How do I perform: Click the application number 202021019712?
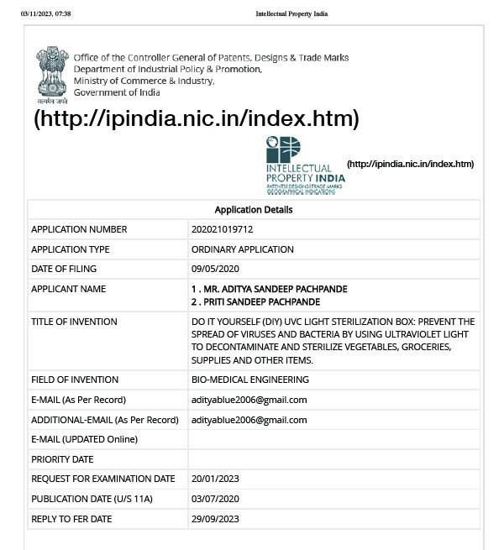(x=222, y=229)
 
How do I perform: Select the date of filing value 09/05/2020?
(x=215, y=269)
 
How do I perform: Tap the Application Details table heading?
(x=254, y=210)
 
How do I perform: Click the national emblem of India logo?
(x=52, y=75)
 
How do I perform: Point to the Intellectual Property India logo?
(x=304, y=166)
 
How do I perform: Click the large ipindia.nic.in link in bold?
(x=197, y=118)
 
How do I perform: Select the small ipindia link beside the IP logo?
(x=410, y=164)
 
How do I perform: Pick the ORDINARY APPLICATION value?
(x=242, y=249)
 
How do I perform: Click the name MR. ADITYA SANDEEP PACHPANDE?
(x=269, y=289)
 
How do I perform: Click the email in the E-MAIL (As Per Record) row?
(x=249, y=400)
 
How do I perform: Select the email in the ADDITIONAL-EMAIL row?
(x=249, y=420)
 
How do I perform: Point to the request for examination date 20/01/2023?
(x=215, y=479)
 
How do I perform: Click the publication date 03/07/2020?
(x=215, y=499)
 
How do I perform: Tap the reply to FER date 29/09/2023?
(x=215, y=519)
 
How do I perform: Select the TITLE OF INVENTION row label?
(x=74, y=322)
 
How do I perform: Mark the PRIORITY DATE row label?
(x=62, y=459)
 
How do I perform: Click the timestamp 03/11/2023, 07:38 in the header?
(x=45, y=14)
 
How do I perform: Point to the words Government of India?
(x=116, y=92)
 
